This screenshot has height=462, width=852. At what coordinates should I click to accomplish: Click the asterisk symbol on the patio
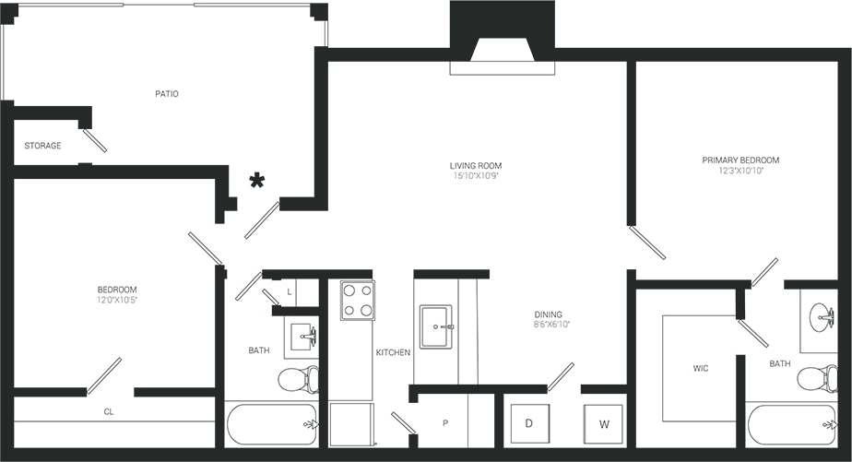pyautogui.click(x=259, y=182)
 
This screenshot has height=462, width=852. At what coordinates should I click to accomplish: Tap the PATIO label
pyautogui.click(x=167, y=94)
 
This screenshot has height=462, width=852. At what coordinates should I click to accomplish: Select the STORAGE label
pyautogui.click(x=42, y=146)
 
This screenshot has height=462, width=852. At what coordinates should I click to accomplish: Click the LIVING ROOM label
pyautogui.click(x=476, y=166)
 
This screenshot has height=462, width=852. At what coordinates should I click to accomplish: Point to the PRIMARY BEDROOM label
pyautogui.click(x=740, y=160)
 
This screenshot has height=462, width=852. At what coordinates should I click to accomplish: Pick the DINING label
pyautogui.click(x=548, y=314)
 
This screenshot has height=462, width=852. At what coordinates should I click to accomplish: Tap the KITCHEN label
pyautogui.click(x=393, y=352)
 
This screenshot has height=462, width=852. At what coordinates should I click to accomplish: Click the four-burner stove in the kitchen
pyautogui.click(x=357, y=300)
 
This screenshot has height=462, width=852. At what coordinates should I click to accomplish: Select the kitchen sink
pyautogui.click(x=436, y=326)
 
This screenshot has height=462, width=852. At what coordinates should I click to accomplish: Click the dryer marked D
pyautogui.click(x=529, y=423)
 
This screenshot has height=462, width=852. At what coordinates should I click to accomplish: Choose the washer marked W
pyautogui.click(x=604, y=424)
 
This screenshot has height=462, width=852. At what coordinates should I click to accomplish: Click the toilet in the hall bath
pyautogui.click(x=298, y=378)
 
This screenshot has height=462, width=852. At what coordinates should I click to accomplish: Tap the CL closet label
pyautogui.click(x=109, y=412)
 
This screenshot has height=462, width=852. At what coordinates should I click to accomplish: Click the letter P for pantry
pyautogui.click(x=445, y=423)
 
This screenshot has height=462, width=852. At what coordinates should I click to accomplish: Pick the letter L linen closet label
pyautogui.click(x=290, y=291)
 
